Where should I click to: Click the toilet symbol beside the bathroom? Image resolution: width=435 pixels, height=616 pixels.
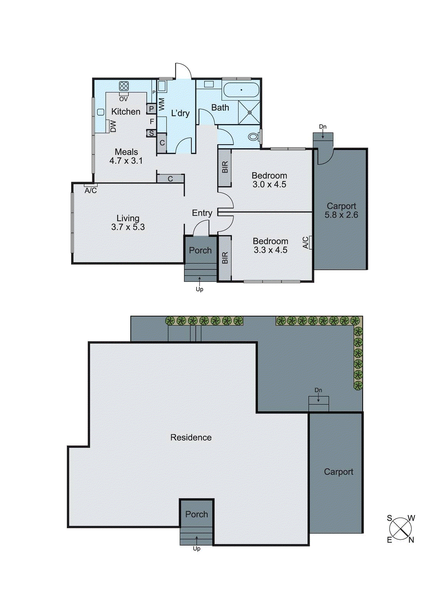click(x=253, y=136)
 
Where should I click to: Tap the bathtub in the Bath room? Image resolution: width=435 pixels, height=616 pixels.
click(x=241, y=90)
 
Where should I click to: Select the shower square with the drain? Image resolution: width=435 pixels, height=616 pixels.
click(x=249, y=112)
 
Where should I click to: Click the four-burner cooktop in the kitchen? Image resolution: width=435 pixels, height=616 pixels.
click(x=124, y=86)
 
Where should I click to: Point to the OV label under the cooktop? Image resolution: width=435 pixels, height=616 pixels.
click(x=123, y=99)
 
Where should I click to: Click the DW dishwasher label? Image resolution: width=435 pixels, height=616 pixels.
click(x=113, y=126)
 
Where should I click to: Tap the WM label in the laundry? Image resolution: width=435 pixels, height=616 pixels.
click(x=162, y=104)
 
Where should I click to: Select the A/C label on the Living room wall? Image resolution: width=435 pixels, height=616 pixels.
click(x=91, y=191)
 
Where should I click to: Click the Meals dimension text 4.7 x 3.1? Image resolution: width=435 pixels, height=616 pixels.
click(x=126, y=161)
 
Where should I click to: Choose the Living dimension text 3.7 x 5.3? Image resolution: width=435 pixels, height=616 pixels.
click(x=128, y=227)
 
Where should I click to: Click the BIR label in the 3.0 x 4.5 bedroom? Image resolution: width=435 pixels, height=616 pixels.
click(x=225, y=167)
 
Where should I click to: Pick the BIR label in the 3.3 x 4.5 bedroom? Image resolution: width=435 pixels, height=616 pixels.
click(x=225, y=258)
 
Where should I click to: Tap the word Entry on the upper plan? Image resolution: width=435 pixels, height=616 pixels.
click(x=202, y=213)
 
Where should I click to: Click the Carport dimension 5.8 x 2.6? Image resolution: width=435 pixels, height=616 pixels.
click(x=341, y=215)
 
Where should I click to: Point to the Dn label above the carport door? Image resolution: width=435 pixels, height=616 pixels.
click(x=323, y=127)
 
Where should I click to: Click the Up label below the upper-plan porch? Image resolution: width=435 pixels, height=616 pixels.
click(x=199, y=289)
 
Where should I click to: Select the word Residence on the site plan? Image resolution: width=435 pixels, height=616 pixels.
click(x=191, y=437)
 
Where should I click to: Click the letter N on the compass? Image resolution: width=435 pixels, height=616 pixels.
click(x=411, y=540)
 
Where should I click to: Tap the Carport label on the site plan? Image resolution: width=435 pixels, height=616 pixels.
click(x=338, y=472)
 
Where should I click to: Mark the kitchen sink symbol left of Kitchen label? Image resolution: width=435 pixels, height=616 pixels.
click(x=101, y=112)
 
